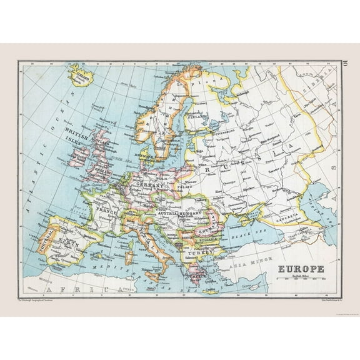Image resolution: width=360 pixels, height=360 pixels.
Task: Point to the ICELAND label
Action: coord(81,77)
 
